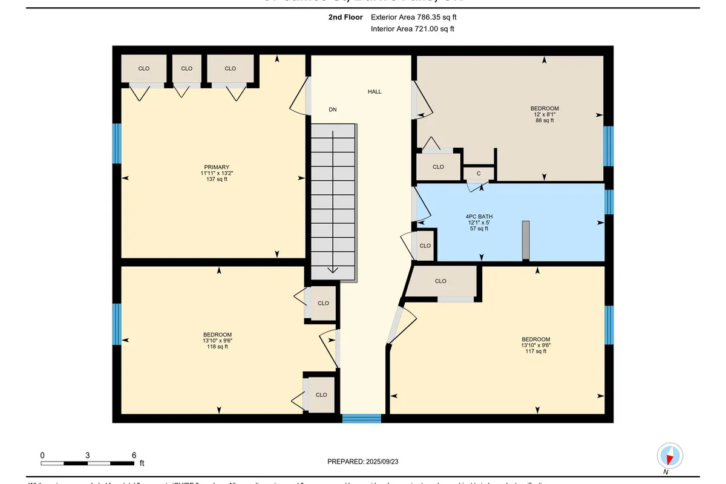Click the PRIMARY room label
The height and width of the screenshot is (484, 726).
(x=217, y=167)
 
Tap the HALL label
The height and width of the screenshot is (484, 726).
(x=374, y=92)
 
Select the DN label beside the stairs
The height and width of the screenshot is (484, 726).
(x=332, y=110)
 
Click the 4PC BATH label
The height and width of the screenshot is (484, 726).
(x=478, y=216)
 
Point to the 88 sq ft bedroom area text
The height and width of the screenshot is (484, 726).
(x=544, y=120)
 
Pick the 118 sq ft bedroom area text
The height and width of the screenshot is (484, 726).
(x=217, y=347)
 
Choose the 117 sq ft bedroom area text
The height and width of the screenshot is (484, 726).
(x=536, y=351)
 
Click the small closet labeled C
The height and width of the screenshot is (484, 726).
(x=479, y=174)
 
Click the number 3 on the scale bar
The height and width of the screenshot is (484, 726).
(x=88, y=455)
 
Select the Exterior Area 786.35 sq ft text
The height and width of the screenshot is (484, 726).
(x=413, y=18)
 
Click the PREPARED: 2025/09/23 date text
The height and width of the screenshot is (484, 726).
(x=363, y=461)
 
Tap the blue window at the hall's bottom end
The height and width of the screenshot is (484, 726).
(x=362, y=418)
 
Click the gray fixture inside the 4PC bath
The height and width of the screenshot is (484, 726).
(x=526, y=240)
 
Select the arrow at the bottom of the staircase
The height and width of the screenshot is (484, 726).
(x=332, y=270)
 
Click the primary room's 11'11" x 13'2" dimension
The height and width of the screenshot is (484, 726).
(x=217, y=173)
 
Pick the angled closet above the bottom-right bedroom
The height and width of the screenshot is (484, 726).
(x=442, y=282)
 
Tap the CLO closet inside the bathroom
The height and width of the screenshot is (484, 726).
(x=425, y=246)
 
